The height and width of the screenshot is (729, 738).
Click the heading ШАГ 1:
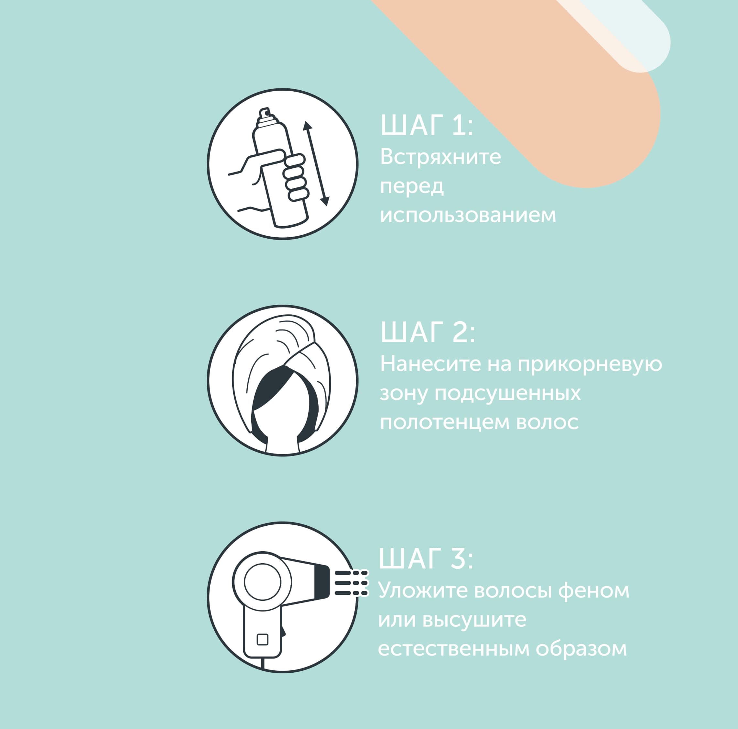pyautogui.click(x=427, y=125)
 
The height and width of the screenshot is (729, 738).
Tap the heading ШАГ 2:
pyautogui.click(x=428, y=332)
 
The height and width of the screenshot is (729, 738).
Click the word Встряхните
pyautogui.click(x=440, y=157)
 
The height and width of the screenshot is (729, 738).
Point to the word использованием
pyautogui.click(x=468, y=215)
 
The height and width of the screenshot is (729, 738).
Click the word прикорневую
pyautogui.click(x=590, y=364)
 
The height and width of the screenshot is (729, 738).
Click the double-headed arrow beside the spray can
pyautogui.click(x=316, y=163)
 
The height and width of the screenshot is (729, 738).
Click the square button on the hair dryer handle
pyautogui.click(x=262, y=639)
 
